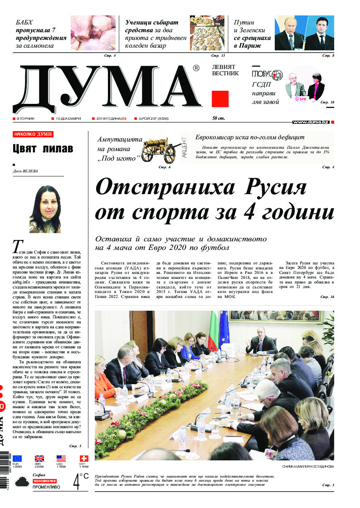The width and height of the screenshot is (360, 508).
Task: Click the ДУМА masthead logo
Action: (107, 88)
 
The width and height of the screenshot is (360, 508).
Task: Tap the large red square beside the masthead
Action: (220, 99)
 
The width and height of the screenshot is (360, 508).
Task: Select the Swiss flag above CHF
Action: (83, 459)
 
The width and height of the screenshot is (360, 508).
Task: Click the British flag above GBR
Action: (39, 459)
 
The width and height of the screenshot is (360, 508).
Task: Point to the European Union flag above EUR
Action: (17, 459)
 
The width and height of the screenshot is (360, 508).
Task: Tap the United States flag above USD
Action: (61, 459)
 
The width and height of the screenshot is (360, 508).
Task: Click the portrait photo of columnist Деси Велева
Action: (45, 209)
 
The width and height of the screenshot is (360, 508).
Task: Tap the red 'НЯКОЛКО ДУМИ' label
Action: (33, 134)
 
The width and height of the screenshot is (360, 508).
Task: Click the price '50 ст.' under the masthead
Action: (219, 119)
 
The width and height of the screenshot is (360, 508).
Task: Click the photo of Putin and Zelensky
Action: (304, 34)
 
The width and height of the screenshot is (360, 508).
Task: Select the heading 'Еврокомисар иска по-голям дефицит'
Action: (250, 137)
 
